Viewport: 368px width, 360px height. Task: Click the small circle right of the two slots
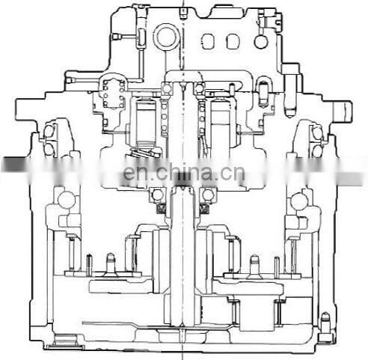point(260,41)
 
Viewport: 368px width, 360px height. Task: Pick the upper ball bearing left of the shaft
point(166,90)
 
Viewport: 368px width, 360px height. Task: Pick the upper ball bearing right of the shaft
point(199,90)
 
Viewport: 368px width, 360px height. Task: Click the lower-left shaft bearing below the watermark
point(159,196)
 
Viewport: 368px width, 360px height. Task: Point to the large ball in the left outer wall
point(66,199)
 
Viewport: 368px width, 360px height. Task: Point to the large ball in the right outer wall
point(299,199)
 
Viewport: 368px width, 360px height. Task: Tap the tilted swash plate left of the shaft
point(147,154)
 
